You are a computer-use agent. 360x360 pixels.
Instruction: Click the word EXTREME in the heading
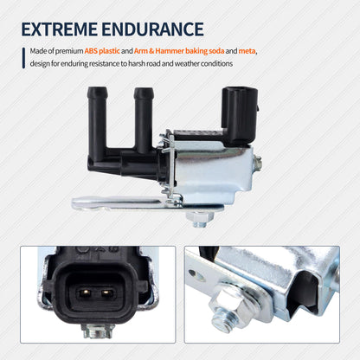pos(59,29)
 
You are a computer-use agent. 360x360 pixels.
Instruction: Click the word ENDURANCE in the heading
pos(152,29)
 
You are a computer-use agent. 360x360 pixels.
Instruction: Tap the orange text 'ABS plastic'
pos(102,51)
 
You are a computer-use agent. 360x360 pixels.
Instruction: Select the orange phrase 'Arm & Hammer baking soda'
pos(179,51)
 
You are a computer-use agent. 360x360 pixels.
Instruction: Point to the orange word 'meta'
pos(247,51)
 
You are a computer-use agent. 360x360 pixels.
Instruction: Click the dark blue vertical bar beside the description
pos(23,58)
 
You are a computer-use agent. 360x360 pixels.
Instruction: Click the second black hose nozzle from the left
pos(144,119)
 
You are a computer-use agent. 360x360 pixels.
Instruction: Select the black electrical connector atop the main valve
pos(239,115)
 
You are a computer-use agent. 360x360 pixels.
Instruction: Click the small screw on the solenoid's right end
pos(258,164)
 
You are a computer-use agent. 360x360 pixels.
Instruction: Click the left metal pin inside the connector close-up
pos(85,293)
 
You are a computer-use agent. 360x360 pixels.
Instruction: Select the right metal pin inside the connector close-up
pos(108,293)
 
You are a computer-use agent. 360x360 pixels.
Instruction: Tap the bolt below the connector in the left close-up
pos(98,331)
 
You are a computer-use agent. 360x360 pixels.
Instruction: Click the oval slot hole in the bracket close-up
pos(197,275)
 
